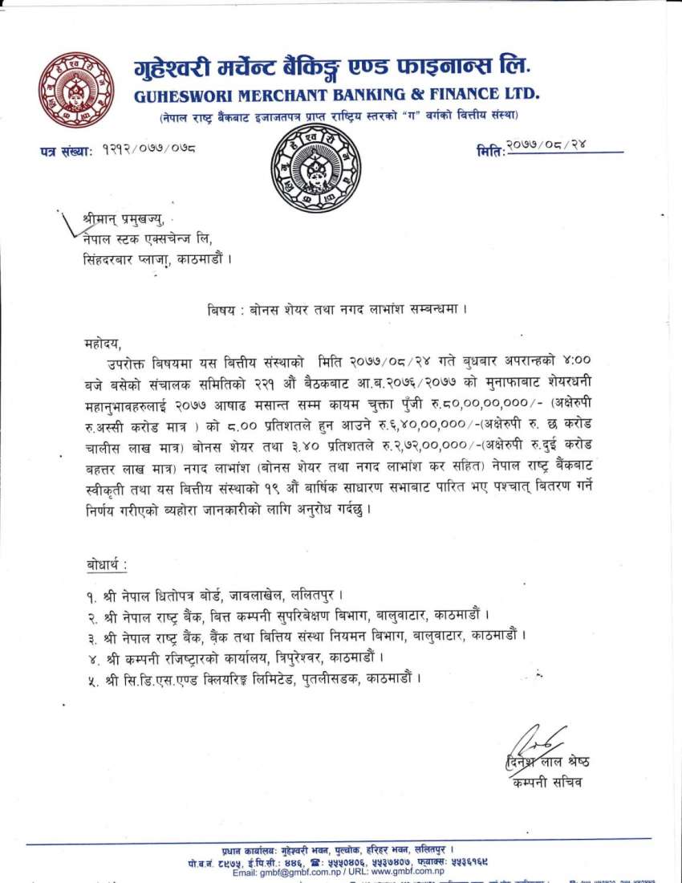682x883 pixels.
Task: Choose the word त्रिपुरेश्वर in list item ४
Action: [288, 657]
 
